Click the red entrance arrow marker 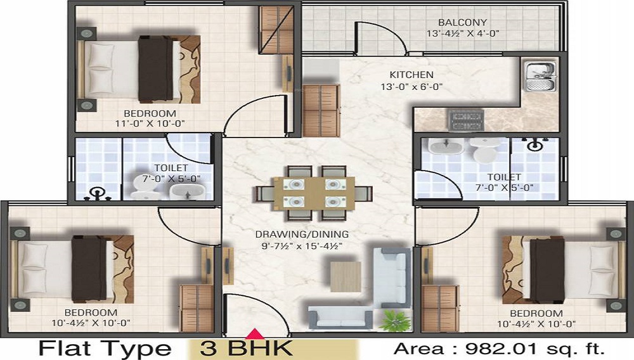[x=254, y=333]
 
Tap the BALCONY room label [x=463, y=23]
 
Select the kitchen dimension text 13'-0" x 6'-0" [x=411, y=86]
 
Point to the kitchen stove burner [x=467, y=119]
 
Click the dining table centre [x=314, y=193]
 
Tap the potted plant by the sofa [x=394, y=319]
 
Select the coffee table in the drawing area [x=346, y=277]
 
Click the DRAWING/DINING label [x=302, y=235]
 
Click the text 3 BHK [x=246, y=348]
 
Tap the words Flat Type [x=105, y=349]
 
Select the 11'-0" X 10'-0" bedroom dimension [x=150, y=124]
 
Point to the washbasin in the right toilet [x=446, y=146]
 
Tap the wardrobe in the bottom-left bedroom [x=197, y=308]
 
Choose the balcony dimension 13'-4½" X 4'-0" [x=463, y=34]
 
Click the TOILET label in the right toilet [x=504, y=177]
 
